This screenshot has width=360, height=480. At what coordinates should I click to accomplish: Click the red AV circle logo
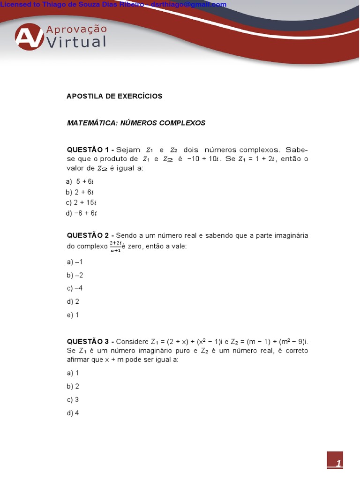[x=29, y=37]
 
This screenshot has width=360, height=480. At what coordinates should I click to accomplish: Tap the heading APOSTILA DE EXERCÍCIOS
[x=114, y=96]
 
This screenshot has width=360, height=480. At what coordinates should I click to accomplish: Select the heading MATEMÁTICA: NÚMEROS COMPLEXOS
[x=136, y=123]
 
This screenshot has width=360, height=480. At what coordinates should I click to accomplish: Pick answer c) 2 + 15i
[x=81, y=202]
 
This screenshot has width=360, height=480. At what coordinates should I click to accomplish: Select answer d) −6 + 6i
[x=82, y=213]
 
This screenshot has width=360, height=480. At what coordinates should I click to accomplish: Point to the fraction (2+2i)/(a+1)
[x=115, y=247]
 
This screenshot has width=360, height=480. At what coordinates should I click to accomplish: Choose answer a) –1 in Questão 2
[x=75, y=262]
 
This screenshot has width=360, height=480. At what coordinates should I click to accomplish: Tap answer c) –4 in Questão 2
[x=75, y=288]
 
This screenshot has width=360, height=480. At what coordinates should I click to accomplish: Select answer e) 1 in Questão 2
[x=73, y=315]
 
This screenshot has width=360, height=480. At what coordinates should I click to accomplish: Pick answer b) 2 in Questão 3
[x=73, y=386]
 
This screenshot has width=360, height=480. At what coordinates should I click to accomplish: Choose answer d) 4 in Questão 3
[x=73, y=413]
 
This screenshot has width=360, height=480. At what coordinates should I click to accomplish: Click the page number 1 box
[x=335, y=460]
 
